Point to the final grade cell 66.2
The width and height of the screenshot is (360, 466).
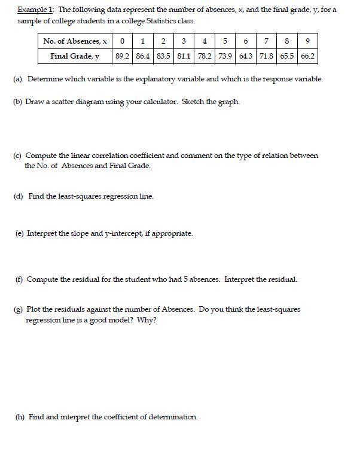[307, 57]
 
